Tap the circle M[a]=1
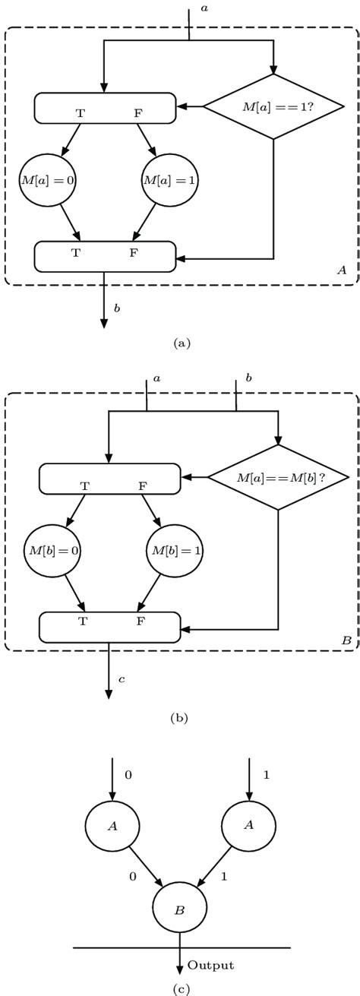coord(165,180)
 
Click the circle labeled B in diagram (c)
coord(179,909)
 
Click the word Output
coord(210,966)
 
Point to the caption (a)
coord(181,343)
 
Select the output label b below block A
coord(116,308)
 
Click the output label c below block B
coord(121,678)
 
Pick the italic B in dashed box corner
coord(346,641)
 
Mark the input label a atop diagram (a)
coord(203,8)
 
